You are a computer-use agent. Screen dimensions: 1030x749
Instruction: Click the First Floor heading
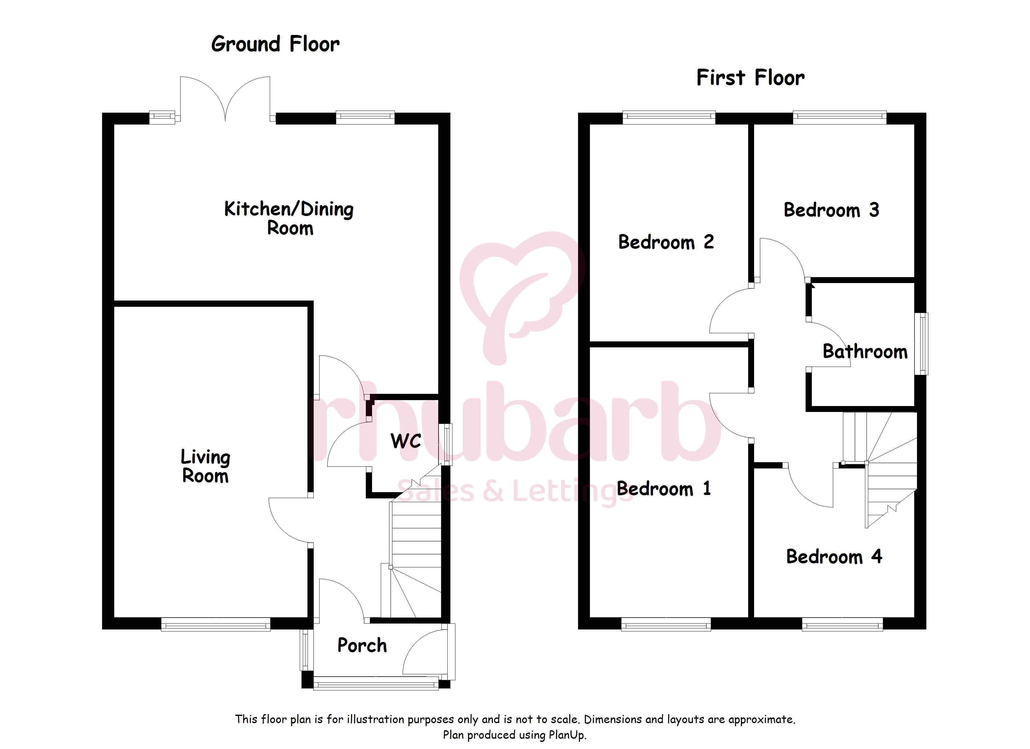click(x=750, y=78)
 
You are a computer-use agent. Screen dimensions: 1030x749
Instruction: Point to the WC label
click(x=405, y=441)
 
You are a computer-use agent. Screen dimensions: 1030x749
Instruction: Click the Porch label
click(x=362, y=645)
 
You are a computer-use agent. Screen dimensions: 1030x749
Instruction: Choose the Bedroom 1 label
click(x=664, y=489)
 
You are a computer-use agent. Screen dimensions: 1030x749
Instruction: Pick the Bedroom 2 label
click(x=666, y=242)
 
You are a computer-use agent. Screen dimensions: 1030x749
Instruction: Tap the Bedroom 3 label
click(x=831, y=210)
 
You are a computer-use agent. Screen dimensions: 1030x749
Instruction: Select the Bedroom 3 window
click(x=840, y=118)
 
